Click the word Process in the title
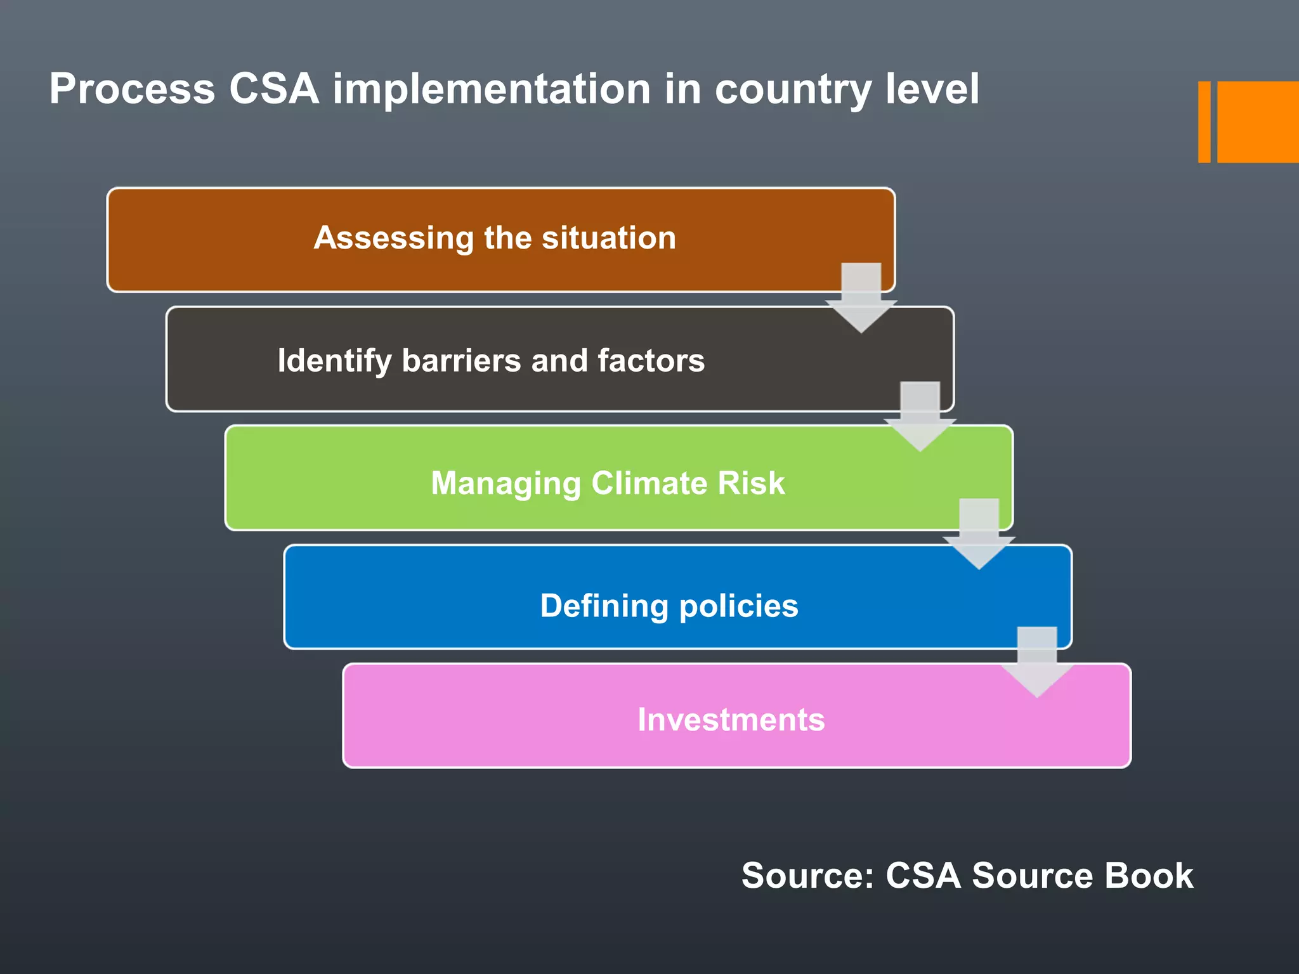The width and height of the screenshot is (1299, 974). pos(132,89)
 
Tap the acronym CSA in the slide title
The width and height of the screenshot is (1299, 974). pos(273,89)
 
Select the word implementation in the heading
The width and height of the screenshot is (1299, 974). pos(492,89)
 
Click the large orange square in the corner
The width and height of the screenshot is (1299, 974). pos(1257,122)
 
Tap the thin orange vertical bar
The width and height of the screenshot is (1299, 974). pos(1204,122)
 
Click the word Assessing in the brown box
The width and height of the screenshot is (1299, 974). pos(393,238)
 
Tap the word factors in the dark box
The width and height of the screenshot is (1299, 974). pos(651,361)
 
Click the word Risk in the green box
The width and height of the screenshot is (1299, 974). pos(752,483)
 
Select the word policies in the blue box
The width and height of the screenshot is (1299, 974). pos(739,606)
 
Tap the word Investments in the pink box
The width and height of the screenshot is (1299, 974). pos(731,720)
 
